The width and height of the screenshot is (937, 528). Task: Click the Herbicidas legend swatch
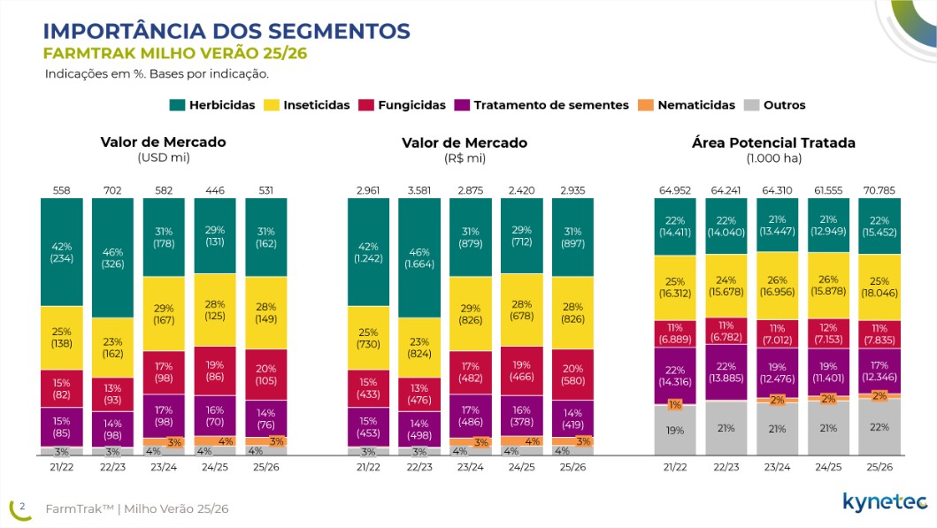click(178, 105)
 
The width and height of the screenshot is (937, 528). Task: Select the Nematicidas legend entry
click(687, 105)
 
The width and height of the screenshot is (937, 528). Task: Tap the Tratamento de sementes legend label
click(551, 105)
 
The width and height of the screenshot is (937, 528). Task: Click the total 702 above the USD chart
click(112, 190)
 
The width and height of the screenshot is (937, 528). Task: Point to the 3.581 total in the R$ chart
click(419, 190)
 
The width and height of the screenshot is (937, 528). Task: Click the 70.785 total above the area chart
click(879, 190)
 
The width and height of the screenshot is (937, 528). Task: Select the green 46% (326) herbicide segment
click(112, 257)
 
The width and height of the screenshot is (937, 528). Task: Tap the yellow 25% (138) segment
click(62, 338)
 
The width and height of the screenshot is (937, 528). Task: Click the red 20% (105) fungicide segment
click(266, 374)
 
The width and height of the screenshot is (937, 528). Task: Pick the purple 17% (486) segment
click(471, 416)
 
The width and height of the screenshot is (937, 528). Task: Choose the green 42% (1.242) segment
click(368, 252)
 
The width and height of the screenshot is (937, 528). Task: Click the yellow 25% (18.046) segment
click(879, 287)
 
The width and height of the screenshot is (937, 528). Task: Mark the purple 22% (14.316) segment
click(675, 375)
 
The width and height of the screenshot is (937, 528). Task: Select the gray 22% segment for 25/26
click(879, 427)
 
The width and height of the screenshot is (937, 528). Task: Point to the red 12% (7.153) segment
click(828, 333)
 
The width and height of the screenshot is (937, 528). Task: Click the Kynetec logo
click(885, 502)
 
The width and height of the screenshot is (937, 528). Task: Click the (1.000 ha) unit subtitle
click(774, 158)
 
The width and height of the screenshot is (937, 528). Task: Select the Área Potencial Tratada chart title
click(774, 142)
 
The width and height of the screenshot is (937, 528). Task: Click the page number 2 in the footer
click(22, 507)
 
